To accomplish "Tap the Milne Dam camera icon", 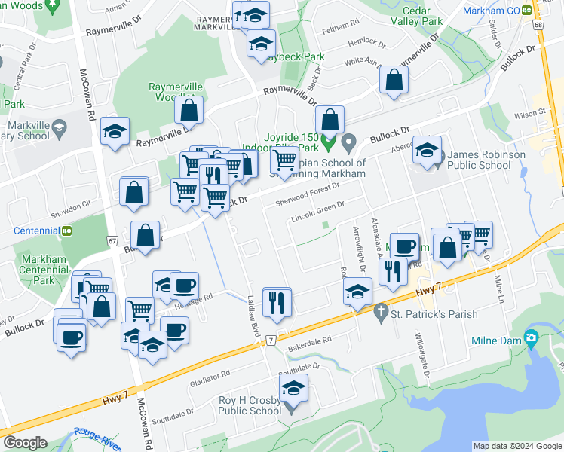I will pos(532,338).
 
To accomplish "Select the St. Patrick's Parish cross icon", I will pos(382,310).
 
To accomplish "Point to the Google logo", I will pos(25,443).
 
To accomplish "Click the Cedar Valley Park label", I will pos(422,16).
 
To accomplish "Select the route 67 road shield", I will pos(112,240).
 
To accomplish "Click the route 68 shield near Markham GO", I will pos(538,26).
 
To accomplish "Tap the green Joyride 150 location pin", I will pos(327,141).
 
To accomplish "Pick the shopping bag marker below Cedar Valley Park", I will pos(394,81).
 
